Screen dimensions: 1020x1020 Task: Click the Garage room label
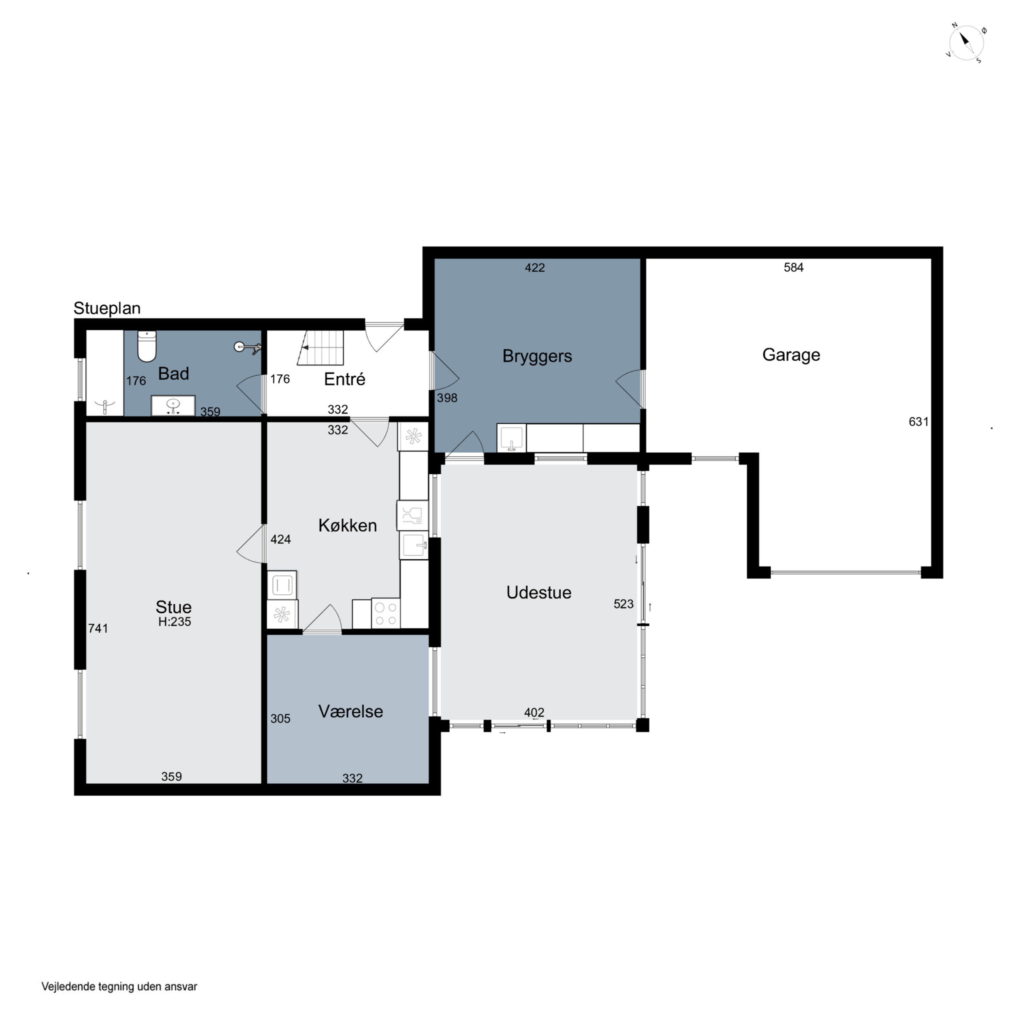791,355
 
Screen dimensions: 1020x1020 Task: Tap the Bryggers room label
537,356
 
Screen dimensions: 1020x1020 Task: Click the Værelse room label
351,711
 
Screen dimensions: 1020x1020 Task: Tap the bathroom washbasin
173,406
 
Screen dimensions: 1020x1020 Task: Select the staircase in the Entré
321,347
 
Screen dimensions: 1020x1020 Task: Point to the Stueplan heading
107,308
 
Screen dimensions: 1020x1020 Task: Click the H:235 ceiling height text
175,622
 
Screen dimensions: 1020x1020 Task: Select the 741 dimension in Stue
98,628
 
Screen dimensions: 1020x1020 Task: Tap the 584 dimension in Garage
794,268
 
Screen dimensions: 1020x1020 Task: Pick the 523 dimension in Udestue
624,604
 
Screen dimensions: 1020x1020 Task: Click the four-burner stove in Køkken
386,613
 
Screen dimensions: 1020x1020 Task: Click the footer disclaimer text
119,986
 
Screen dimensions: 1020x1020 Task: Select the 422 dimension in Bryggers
535,268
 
